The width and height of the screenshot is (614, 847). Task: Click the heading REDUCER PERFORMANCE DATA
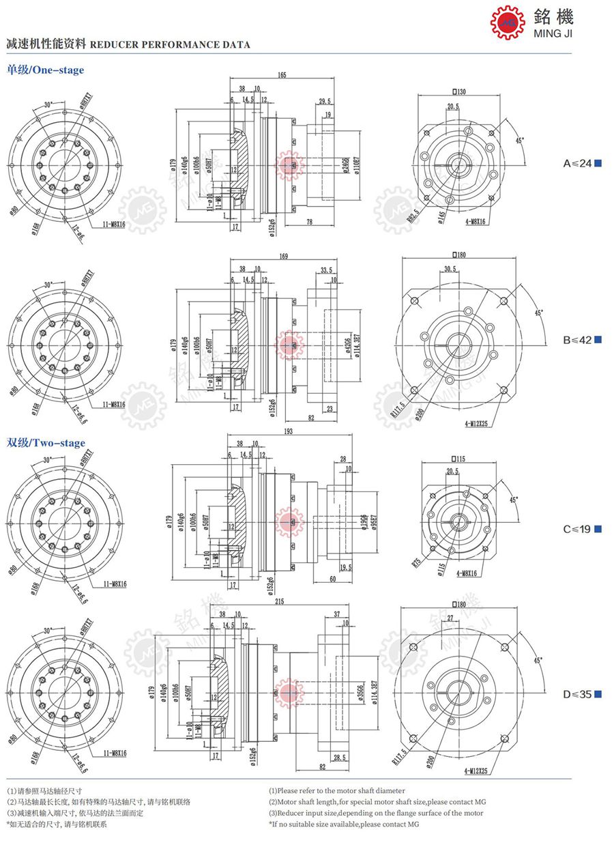pyautogui.click(x=170, y=45)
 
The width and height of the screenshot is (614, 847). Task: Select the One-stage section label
pyautogui.click(x=46, y=70)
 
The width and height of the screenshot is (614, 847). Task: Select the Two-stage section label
pyautogui.click(x=46, y=443)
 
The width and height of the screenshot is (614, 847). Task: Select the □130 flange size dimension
pyautogui.click(x=458, y=91)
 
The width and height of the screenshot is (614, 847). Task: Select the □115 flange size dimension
pyautogui.click(x=458, y=459)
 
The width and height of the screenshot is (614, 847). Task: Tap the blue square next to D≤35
pyautogui.click(x=598, y=695)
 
